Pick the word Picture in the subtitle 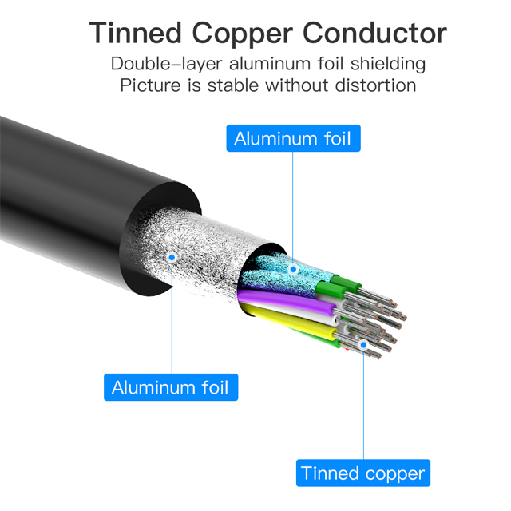pos(149,85)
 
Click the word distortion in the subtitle pos(375,85)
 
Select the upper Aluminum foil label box pos(293,138)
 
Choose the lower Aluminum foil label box pos(170,388)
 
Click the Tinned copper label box pos(363,473)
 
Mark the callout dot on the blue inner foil pos(293,269)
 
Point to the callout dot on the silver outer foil pos(171,257)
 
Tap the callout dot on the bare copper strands pos(363,346)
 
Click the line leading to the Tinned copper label pos(363,407)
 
